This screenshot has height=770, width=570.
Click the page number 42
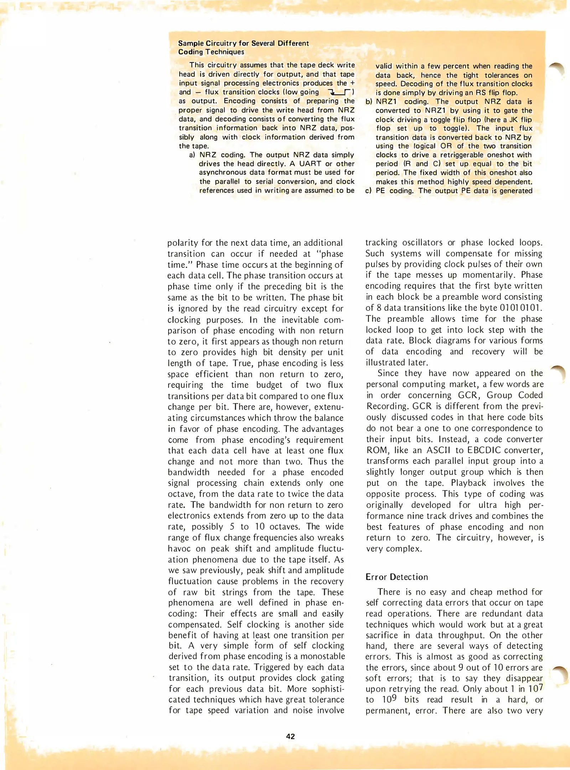[x=290, y=736]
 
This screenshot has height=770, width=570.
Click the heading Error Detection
[x=397, y=577]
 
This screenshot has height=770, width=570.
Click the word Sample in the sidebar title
[x=191, y=43]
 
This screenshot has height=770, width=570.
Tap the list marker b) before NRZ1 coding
[x=369, y=102]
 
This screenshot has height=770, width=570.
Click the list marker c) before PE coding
[x=369, y=191]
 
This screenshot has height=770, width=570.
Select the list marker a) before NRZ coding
[x=192, y=155]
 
